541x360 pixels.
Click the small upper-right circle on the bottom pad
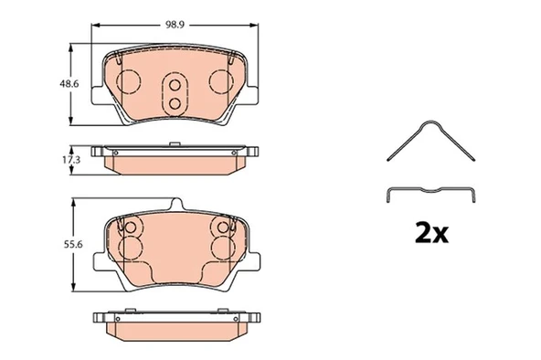tap(219, 228)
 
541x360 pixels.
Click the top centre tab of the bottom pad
tap(174, 206)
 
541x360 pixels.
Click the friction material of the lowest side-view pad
tap(174, 332)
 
